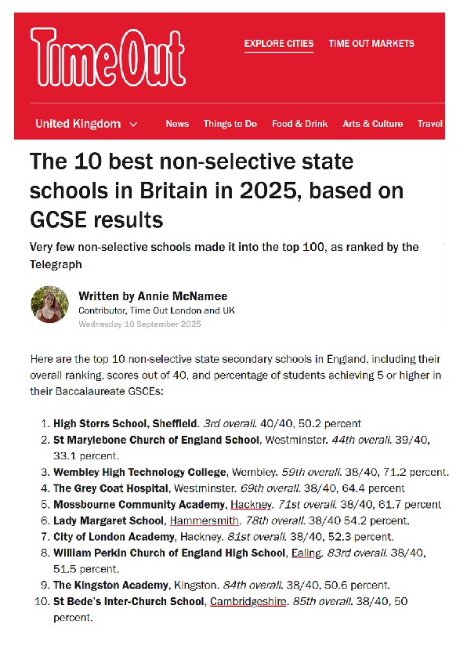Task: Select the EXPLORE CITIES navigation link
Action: point(279,44)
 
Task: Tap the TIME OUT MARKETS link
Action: point(371,44)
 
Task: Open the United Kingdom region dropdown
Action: point(86,124)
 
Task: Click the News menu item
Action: point(177,124)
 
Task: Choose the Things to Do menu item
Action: point(230,124)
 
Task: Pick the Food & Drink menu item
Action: point(300,124)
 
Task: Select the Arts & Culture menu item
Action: point(373,124)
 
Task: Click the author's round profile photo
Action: point(49,304)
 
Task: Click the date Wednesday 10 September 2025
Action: point(139,324)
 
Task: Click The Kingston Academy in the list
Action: point(110,585)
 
